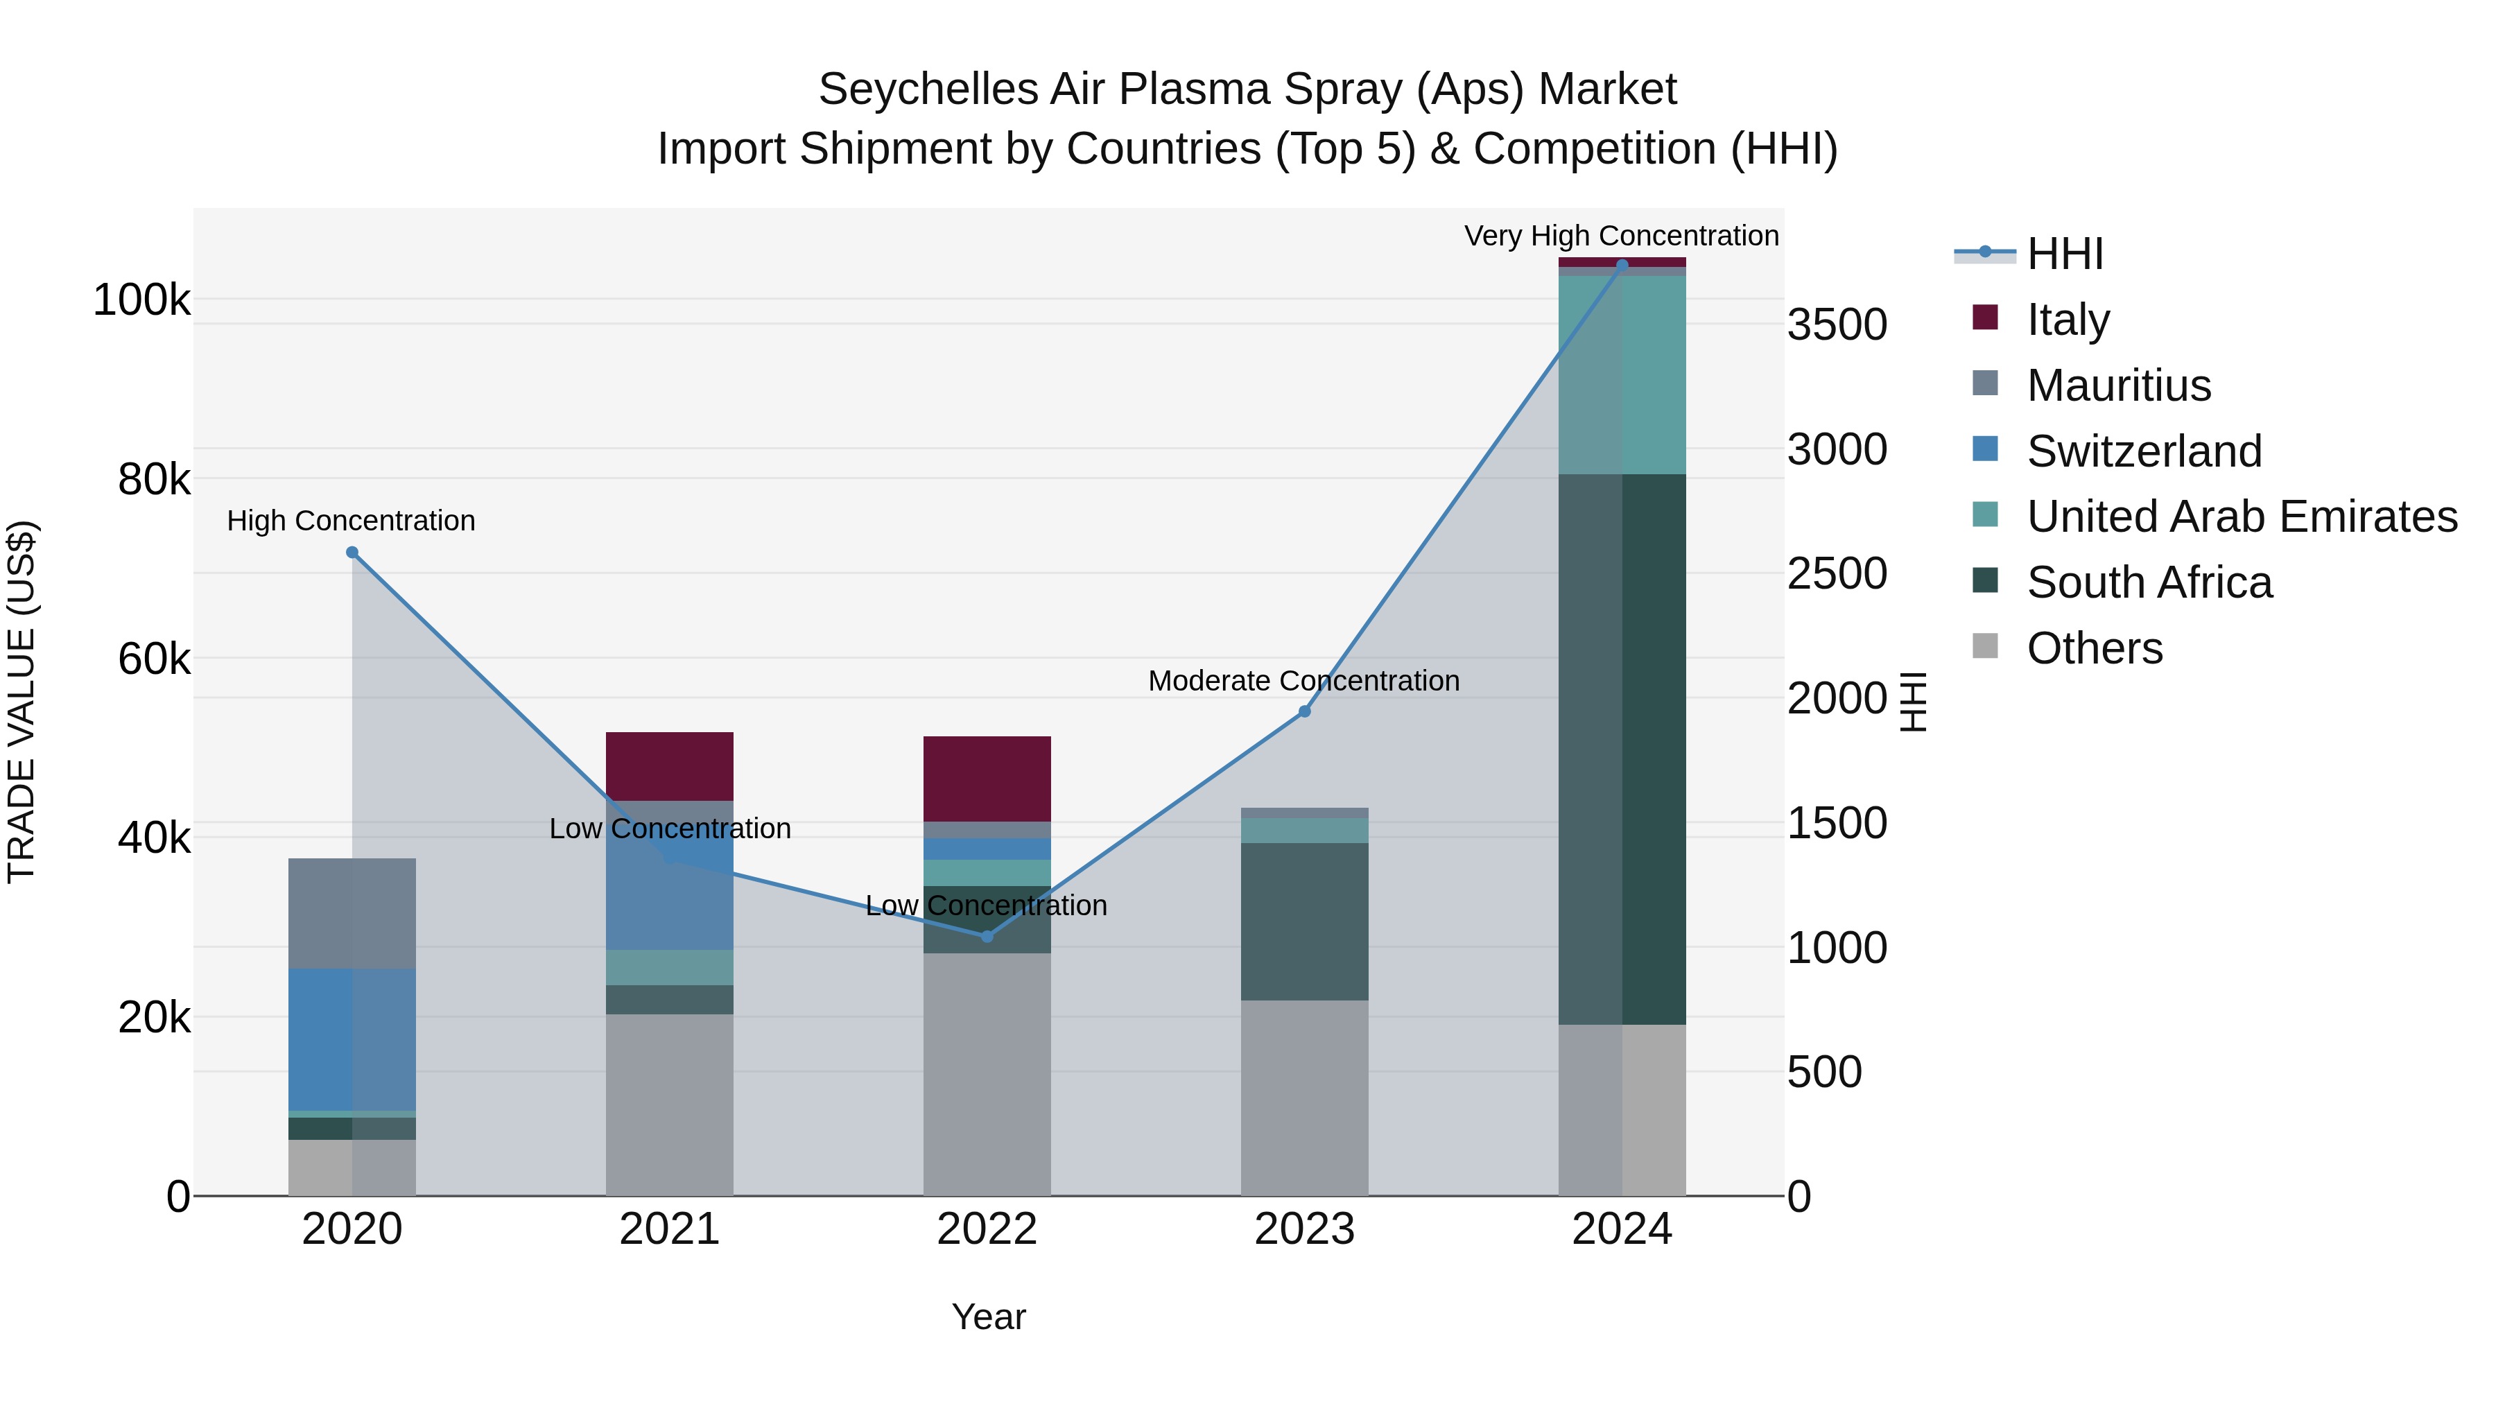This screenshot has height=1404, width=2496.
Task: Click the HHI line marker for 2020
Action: pyautogui.click(x=352, y=553)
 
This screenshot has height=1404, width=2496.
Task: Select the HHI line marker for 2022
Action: pyautogui.click(x=987, y=936)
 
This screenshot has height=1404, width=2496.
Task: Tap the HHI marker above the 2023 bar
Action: pyautogui.click(x=1304, y=711)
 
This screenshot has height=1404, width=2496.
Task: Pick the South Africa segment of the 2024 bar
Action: pyautogui.click(x=1622, y=748)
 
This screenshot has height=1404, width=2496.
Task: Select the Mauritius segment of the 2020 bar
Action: pyautogui.click(x=352, y=912)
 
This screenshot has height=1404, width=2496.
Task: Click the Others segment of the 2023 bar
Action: pyautogui.click(x=1304, y=1097)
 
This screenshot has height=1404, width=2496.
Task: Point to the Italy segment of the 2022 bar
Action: pyautogui.click(x=987, y=778)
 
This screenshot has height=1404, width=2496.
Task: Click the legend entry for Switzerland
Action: pyautogui.click(x=2143, y=451)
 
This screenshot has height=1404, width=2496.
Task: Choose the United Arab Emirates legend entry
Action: pyautogui.click(x=2241, y=517)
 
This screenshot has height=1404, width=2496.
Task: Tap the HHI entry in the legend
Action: pyautogui.click(x=2064, y=254)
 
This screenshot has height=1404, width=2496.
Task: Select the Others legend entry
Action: pyautogui.click(x=2094, y=648)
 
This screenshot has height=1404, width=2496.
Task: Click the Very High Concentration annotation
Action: pyautogui.click(x=1620, y=236)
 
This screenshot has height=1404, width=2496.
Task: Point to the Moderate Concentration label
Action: pyautogui.click(x=1303, y=681)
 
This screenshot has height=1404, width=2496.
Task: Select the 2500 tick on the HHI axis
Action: pyautogui.click(x=1836, y=573)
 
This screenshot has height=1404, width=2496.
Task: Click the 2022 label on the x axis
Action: pyautogui.click(x=987, y=1229)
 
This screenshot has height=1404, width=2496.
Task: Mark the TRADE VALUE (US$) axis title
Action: pyautogui.click(x=21, y=702)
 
